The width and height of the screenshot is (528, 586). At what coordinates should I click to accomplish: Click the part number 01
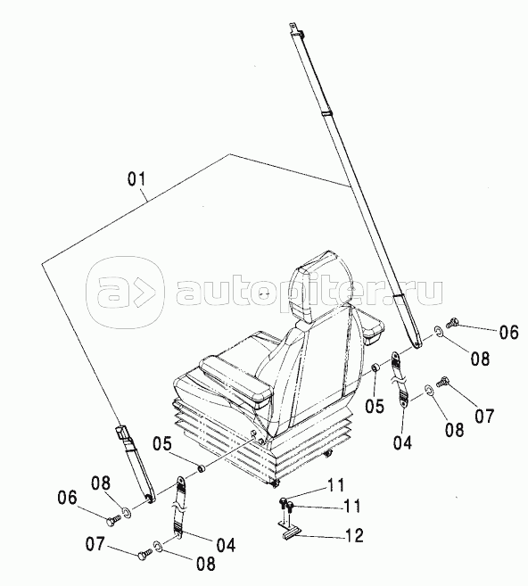[136, 179]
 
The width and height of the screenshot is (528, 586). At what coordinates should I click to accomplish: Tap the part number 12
[354, 535]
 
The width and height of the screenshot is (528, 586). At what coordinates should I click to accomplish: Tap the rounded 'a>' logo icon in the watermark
[125, 293]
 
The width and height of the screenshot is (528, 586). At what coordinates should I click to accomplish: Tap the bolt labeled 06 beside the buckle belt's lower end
[113, 521]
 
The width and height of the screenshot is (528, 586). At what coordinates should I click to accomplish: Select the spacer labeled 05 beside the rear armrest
[375, 368]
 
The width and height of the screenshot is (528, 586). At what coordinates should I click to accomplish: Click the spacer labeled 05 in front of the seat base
[202, 467]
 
